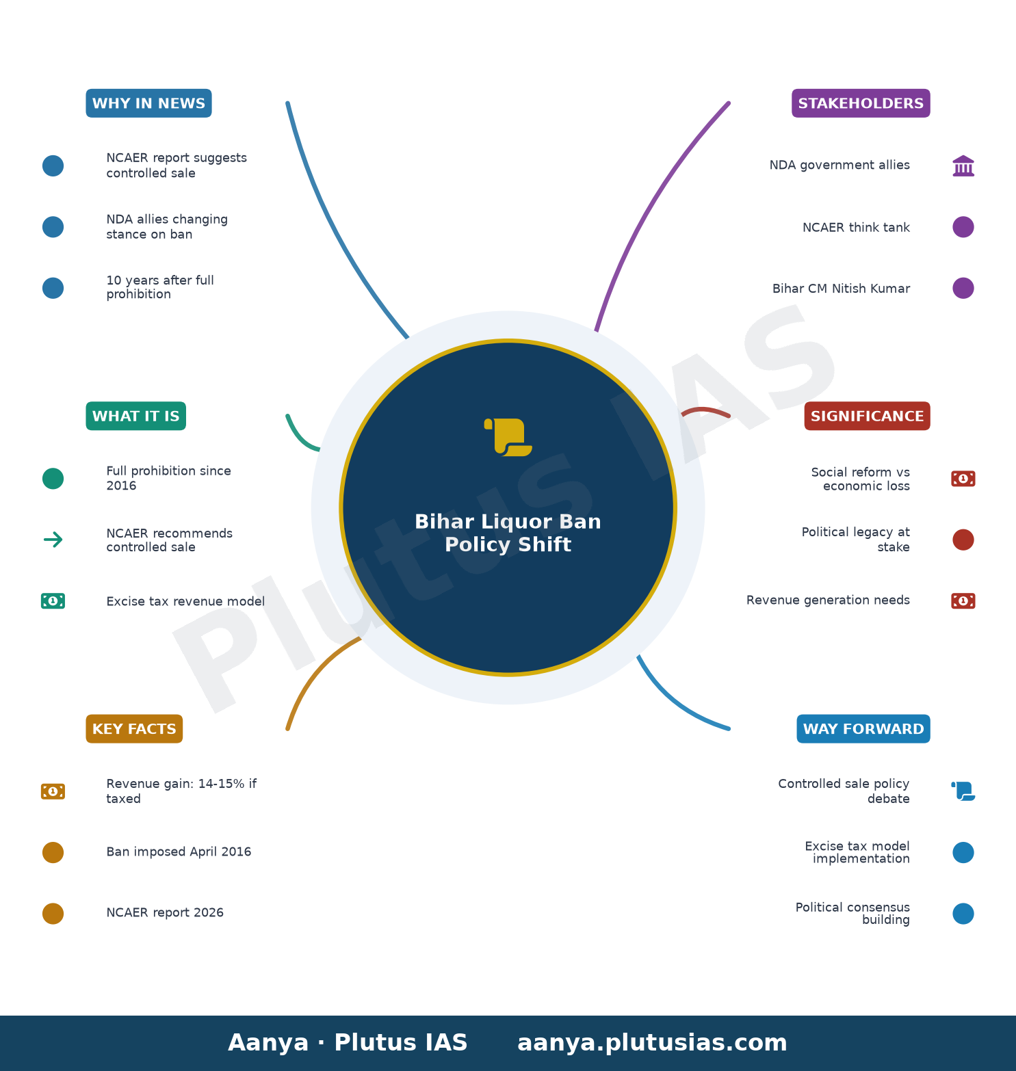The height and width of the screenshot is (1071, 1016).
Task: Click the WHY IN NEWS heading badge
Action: [148, 103]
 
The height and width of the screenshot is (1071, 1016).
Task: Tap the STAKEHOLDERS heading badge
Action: [861, 103]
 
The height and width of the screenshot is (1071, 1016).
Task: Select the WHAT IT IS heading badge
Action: [135, 416]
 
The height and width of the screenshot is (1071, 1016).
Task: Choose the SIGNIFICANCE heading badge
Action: [867, 416]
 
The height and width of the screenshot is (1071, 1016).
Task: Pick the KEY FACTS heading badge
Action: [134, 729]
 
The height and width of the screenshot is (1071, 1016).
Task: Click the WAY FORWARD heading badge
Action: [863, 729]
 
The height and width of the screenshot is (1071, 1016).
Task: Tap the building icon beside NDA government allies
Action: [963, 166]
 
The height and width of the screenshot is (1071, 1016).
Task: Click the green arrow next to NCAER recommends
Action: [53, 540]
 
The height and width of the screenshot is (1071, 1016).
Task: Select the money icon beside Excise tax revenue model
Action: [53, 601]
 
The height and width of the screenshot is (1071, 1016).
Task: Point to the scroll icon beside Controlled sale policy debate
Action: [963, 791]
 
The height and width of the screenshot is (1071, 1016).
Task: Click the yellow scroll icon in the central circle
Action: [508, 437]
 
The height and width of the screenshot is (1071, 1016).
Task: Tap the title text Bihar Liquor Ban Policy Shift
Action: [508, 533]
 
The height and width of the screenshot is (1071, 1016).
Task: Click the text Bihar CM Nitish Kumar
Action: [841, 289]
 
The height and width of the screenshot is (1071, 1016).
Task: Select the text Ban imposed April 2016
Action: [179, 851]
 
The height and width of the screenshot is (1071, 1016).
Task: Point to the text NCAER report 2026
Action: [165, 912]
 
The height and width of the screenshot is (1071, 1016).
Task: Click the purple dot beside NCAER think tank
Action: [963, 227]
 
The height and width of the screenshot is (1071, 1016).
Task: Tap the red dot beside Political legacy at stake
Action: [963, 540]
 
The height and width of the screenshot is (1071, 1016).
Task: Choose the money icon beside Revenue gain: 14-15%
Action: [53, 791]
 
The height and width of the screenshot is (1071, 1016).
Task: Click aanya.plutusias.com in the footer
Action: [652, 1043]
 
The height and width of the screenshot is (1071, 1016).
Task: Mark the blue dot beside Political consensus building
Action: [963, 914]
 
